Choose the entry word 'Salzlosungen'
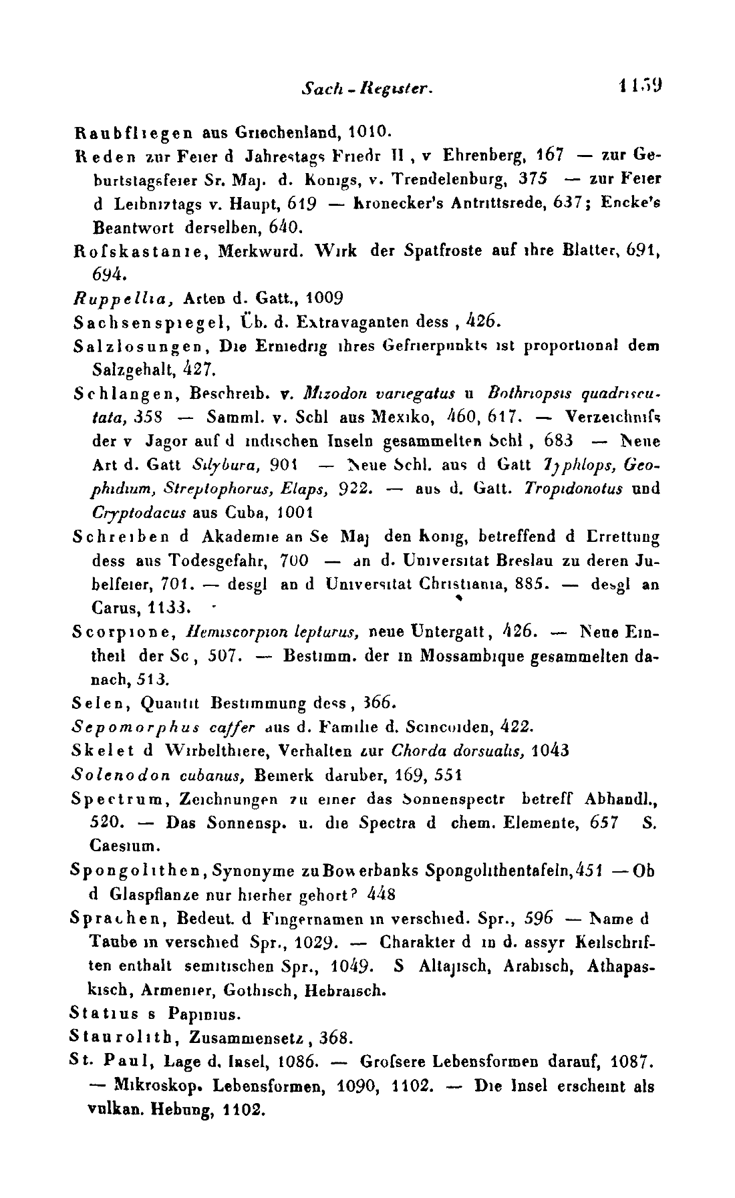(x=134, y=346)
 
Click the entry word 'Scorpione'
(x=118, y=631)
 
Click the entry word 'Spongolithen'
(x=134, y=872)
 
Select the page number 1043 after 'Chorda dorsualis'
(x=551, y=750)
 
